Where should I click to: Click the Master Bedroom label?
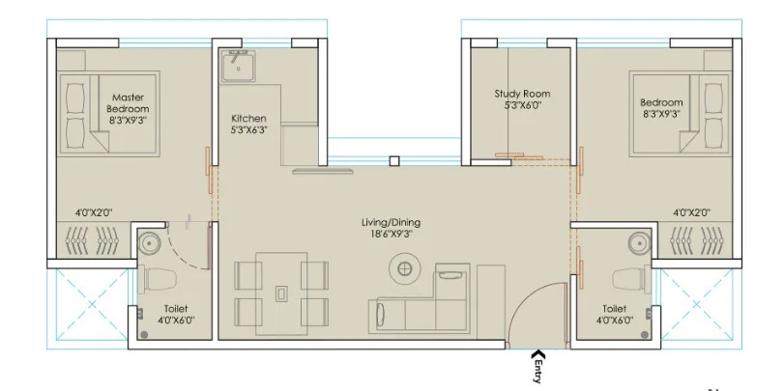[128, 109]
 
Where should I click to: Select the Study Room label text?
[522, 100]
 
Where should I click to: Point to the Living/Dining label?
[391, 228]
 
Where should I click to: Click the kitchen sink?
[237, 67]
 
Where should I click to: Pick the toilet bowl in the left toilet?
[158, 281]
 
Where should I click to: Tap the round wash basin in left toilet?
[150, 242]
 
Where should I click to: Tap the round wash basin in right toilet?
[638, 241]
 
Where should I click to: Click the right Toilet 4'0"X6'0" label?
[615, 315]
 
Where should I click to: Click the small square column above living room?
[393, 161]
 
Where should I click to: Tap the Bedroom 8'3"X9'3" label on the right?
[661, 108]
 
